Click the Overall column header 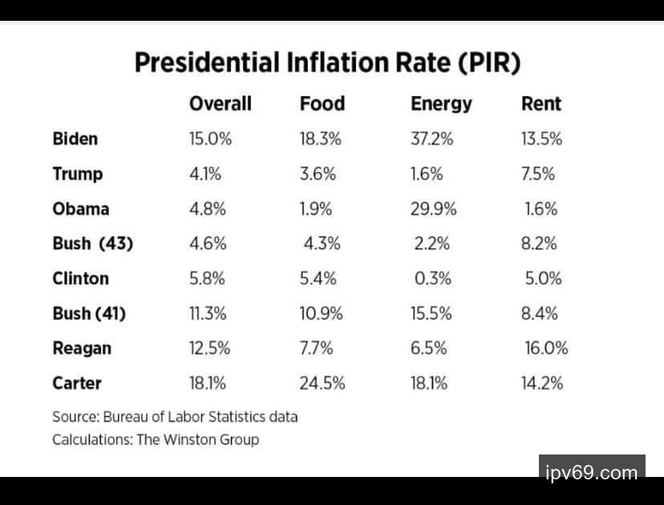point(220,103)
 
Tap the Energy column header point(441,104)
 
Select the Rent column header point(541,103)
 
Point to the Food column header point(322,103)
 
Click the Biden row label point(75,139)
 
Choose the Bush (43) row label point(92,244)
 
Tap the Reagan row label point(82,348)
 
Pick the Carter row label point(77,383)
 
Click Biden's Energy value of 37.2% point(431,139)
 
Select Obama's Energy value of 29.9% point(433,208)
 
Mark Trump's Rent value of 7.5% point(538,174)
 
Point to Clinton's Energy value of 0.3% point(433,278)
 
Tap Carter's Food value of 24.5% point(322,383)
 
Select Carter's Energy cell point(430,383)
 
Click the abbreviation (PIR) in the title point(490,63)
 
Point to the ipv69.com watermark point(591,471)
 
